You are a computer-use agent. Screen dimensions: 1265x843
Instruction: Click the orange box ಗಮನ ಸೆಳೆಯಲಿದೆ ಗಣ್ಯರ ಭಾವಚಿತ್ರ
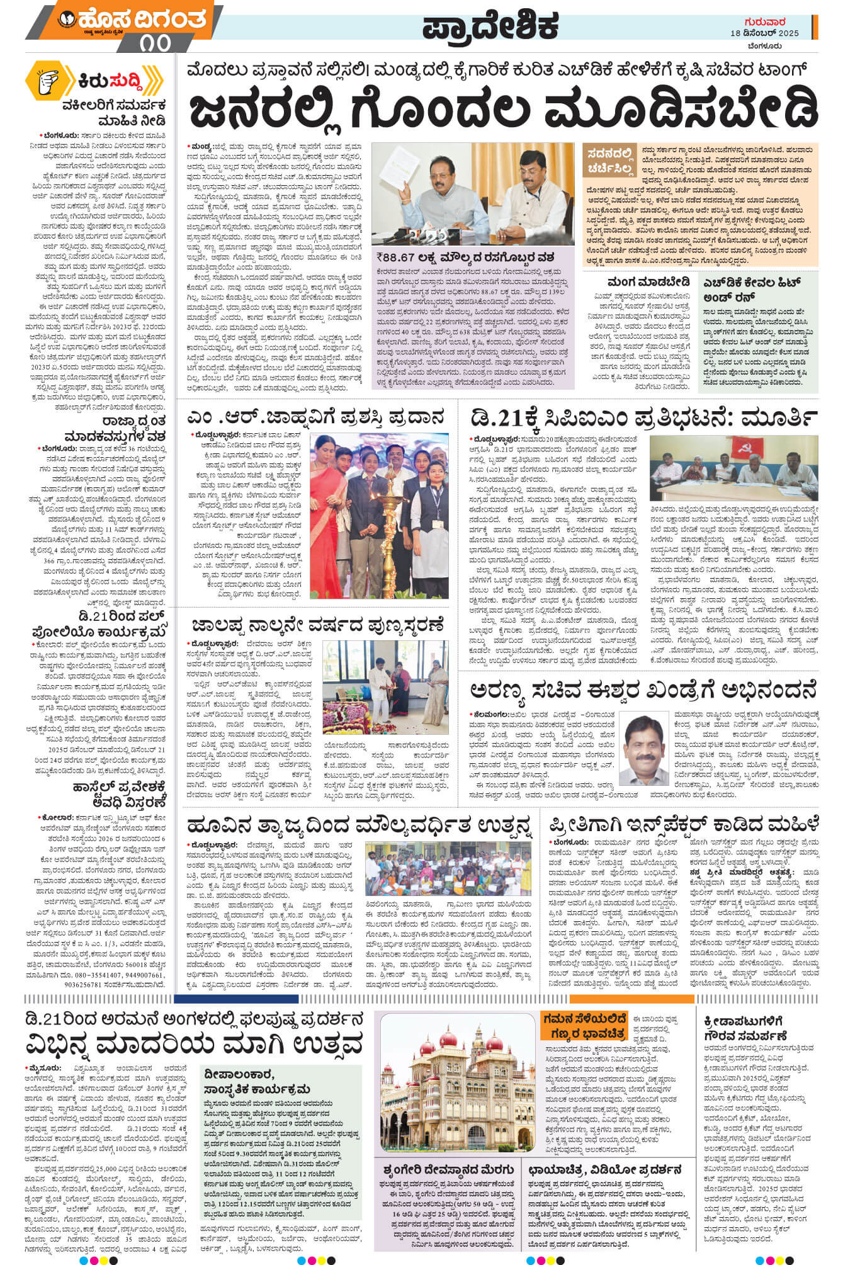coord(584,1026)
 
